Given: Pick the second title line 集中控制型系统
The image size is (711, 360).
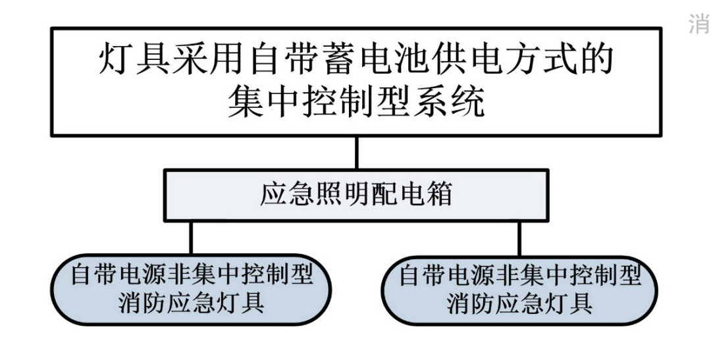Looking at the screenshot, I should (x=356, y=104).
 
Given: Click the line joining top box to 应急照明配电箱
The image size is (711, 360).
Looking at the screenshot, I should (x=356, y=154).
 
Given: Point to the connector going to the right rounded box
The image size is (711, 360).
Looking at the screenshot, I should (x=519, y=238).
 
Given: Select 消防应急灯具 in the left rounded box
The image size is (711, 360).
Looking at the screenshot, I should (x=192, y=303).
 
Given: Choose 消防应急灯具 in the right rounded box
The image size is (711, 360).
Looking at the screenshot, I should (x=520, y=304).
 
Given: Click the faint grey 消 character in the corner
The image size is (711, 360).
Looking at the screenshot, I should (x=697, y=25).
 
